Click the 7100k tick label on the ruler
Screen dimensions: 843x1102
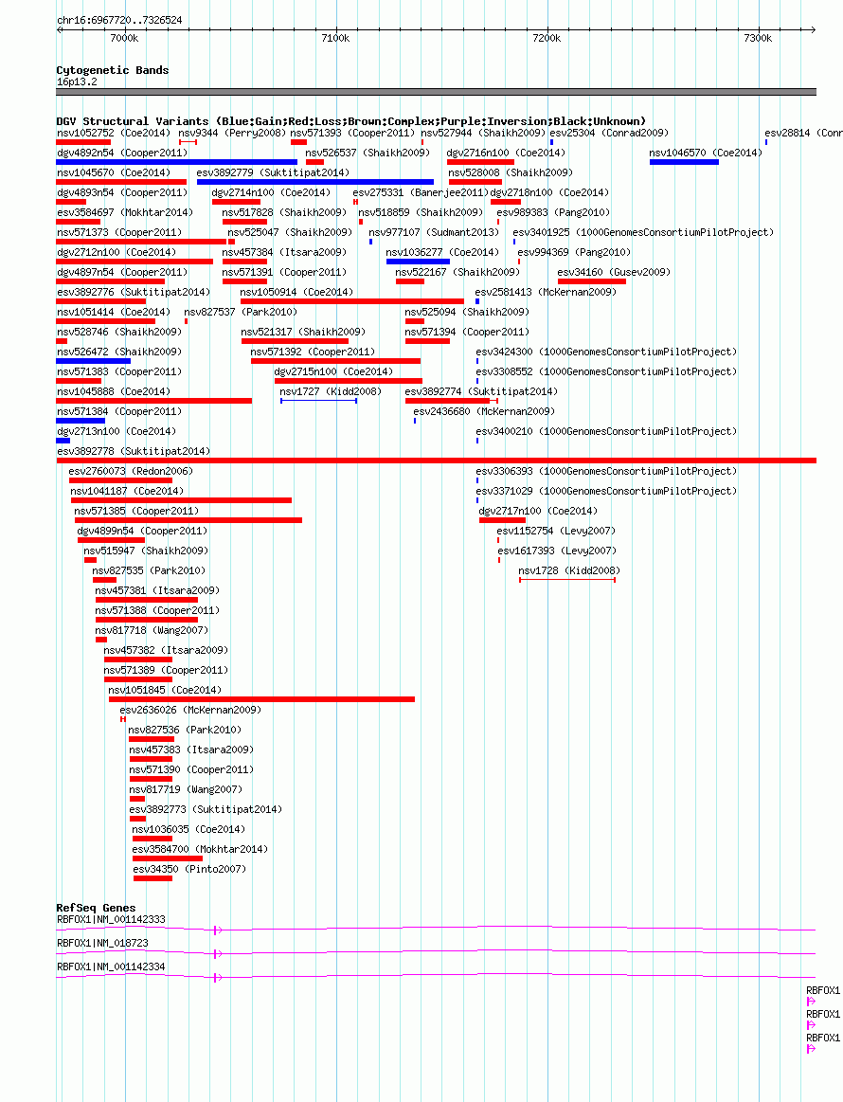point(336,38)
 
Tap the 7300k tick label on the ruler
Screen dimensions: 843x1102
point(758,38)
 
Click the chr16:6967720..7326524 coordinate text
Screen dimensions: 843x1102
point(119,21)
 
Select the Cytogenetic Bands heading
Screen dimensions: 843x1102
point(113,70)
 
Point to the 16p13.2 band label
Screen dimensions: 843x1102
point(78,82)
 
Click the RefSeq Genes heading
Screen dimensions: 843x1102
point(96,908)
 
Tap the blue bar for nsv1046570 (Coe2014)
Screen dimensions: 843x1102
point(684,162)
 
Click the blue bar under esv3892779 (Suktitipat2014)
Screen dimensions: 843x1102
point(315,182)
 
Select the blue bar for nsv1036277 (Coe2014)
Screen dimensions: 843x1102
point(418,262)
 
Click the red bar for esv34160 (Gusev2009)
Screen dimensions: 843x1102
point(591,281)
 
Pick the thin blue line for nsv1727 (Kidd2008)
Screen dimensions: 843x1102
point(319,401)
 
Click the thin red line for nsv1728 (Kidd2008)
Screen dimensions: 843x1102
point(567,580)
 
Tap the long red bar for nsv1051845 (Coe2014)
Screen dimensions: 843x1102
point(262,699)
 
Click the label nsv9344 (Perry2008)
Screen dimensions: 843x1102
point(232,133)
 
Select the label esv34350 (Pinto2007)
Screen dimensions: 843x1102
point(189,869)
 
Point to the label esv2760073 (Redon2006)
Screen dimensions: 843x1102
point(131,472)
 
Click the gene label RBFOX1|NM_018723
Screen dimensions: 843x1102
point(102,943)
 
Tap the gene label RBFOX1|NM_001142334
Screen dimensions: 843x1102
point(111,967)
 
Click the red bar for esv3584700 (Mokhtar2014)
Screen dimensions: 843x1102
point(168,858)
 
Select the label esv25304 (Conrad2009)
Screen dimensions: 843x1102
point(609,133)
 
